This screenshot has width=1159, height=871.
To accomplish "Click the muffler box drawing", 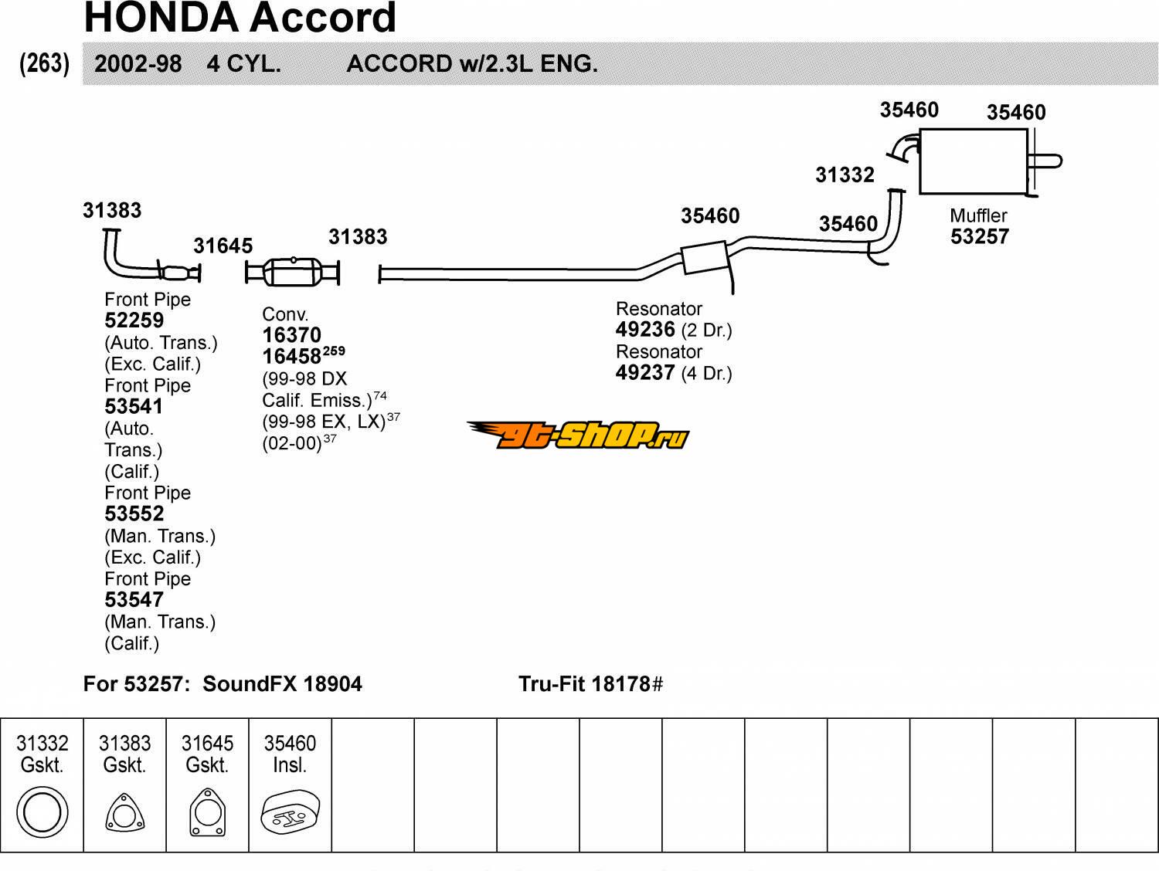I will coord(973,161).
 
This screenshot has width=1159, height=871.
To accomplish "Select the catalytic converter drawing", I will coord(292,273).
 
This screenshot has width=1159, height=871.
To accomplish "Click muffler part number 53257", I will coord(980,237).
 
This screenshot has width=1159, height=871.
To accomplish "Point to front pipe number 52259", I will coord(134,320).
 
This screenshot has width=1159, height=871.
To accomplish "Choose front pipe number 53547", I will coord(134,600).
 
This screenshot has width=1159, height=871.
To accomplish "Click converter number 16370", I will coord(291,335).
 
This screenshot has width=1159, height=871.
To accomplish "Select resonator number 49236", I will coord(645,330).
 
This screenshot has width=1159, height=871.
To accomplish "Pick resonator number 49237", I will coord(645,373).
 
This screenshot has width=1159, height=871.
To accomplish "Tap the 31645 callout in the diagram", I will coord(223,246).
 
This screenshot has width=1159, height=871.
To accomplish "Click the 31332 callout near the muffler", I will coord(845,175).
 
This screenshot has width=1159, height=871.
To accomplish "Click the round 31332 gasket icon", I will coord(42,812).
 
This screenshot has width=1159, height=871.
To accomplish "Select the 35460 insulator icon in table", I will coord(290,813).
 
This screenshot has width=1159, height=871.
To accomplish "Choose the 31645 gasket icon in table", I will coord(207,813).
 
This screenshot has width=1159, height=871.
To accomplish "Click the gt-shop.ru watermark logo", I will coord(577,435).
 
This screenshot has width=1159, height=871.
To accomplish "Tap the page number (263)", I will coord(44,63).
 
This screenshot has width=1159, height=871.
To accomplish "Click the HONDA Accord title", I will coord(240,18).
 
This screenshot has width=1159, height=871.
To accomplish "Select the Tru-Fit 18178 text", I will coord(590,684).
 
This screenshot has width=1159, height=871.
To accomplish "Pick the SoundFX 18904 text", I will coord(282,684).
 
